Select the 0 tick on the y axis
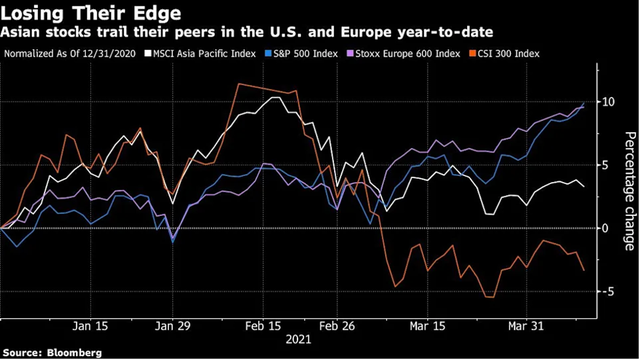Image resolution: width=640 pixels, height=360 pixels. (607, 228)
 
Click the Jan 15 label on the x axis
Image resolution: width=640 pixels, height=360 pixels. (91, 326)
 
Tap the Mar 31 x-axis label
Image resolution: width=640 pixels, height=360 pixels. (525, 326)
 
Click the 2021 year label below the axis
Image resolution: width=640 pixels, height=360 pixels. (301, 340)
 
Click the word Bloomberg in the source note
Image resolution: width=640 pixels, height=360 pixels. (71, 352)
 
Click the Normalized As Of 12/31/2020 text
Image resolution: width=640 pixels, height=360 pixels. (67, 49)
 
